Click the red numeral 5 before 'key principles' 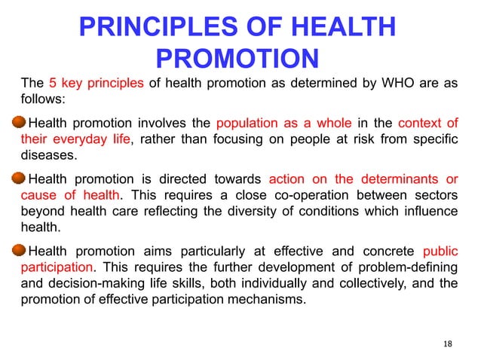click(x=54, y=83)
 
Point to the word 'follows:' click(x=42, y=99)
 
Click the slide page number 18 click(x=448, y=344)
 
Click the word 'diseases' click(x=45, y=156)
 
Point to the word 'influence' click(x=427, y=212)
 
